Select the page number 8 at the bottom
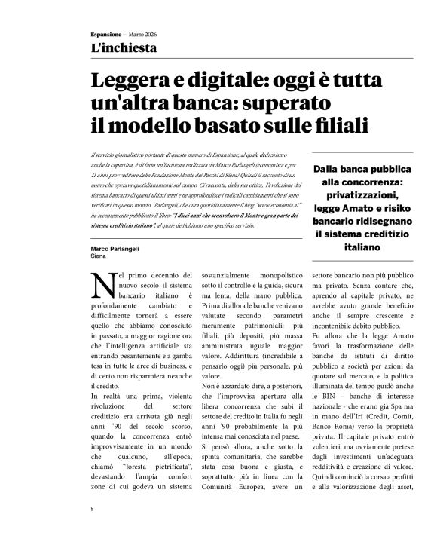point(92,510)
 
